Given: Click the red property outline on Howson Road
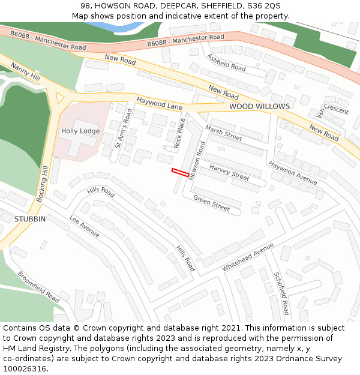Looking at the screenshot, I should [x=180, y=172].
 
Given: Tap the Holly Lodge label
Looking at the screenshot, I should [x=80, y=131].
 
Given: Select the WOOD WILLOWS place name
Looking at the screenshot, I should [x=259, y=106].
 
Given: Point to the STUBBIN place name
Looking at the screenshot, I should [x=30, y=219].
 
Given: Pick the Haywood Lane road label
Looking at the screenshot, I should [x=159, y=103].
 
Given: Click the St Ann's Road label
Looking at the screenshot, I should [x=122, y=127].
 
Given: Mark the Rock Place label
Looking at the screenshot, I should [x=179, y=133].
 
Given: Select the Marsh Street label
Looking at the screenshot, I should [x=223, y=133].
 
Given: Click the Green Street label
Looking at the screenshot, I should [x=211, y=203].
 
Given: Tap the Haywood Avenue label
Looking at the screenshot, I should [x=292, y=172].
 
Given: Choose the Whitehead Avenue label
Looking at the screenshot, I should [x=247, y=257].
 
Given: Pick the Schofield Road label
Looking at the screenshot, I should [x=281, y=293].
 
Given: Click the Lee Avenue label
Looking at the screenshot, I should [x=84, y=226].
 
